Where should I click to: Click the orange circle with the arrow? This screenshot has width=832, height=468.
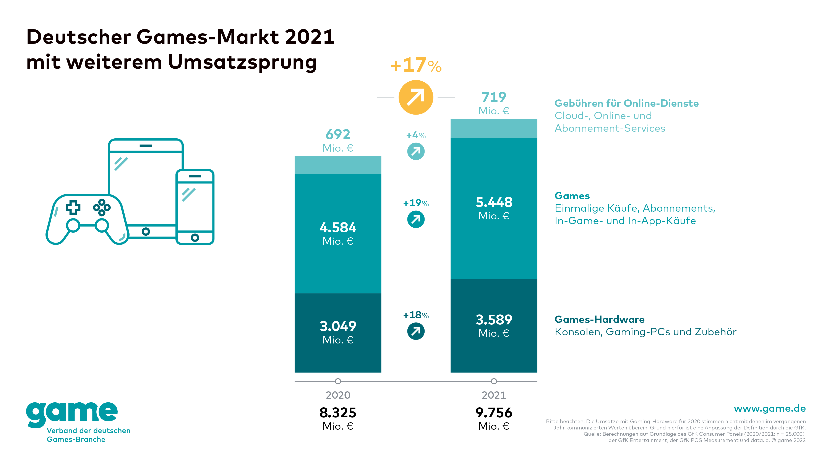(x=416, y=97)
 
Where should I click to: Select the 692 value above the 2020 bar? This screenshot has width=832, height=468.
(x=338, y=134)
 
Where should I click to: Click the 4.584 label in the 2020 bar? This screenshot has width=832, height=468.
(x=338, y=228)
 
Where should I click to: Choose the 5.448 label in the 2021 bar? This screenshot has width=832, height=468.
(x=494, y=202)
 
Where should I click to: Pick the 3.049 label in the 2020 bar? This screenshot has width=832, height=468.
(x=338, y=326)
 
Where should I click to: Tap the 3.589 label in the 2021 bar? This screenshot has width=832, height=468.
(x=494, y=320)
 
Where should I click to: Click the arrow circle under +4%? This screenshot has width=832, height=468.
(x=416, y=151)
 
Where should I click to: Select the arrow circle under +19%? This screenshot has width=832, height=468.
(x=416, y=219)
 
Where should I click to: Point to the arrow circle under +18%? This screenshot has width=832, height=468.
(x=416, y=331)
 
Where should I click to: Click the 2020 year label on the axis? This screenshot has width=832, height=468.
(x=338, y=395)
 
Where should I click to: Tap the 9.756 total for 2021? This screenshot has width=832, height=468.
(x=494, y=413)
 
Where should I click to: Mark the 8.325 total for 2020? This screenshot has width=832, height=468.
(x=338, y=413)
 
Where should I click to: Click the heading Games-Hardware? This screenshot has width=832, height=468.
(x=599, y=319)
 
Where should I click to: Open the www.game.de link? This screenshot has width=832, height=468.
(x=770, y=409)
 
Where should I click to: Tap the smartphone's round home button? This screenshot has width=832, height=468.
(x=195, y=238)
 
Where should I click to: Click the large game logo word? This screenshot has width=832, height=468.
(x=72, y=413)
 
